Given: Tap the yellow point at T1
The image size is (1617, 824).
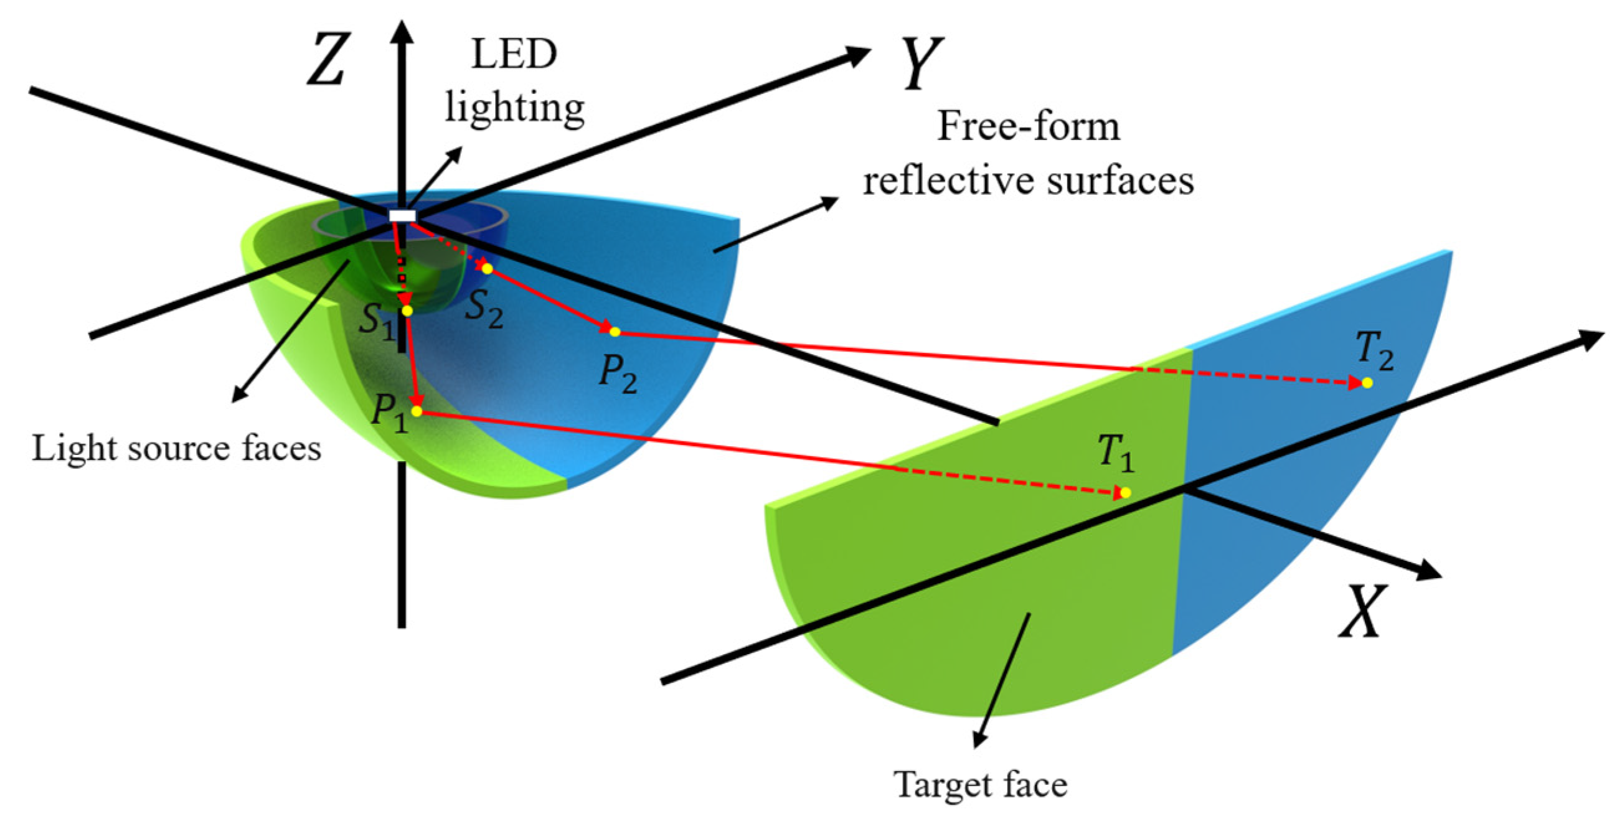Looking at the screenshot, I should click(1126, 493).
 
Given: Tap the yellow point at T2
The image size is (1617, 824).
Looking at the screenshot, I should click(1367, 383).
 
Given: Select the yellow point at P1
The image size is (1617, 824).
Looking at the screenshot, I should click(416, 411).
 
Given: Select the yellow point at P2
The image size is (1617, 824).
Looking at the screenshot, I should click(615, 332).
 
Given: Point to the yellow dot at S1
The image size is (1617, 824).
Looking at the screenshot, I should click(407, 311).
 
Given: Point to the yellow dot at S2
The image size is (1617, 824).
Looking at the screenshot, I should click(486, 269).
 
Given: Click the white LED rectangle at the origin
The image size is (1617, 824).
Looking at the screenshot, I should click(402, 216).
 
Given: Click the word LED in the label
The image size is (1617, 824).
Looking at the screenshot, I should click(514, 55).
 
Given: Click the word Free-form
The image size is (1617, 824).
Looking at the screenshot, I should click(1028, 127).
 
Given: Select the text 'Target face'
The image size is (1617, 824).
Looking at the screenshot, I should click(980, 784).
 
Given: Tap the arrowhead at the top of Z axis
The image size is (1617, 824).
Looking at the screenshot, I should click(402, 31).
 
